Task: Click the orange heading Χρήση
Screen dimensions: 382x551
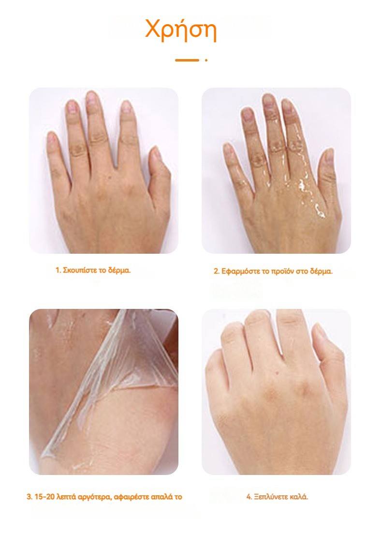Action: tap(181, 30)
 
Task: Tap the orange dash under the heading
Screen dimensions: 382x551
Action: tap(187, 60)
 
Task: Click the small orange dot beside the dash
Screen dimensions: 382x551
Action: tap(206, 60)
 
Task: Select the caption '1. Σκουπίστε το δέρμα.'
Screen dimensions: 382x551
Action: tap(93, 270)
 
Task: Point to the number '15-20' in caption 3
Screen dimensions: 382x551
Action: tap(43, 497)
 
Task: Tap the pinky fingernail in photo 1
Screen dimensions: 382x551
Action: tap(52, 137)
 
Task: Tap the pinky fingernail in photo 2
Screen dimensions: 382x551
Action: tap(229, 148)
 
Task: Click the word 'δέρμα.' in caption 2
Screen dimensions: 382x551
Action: tap(321, 271)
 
